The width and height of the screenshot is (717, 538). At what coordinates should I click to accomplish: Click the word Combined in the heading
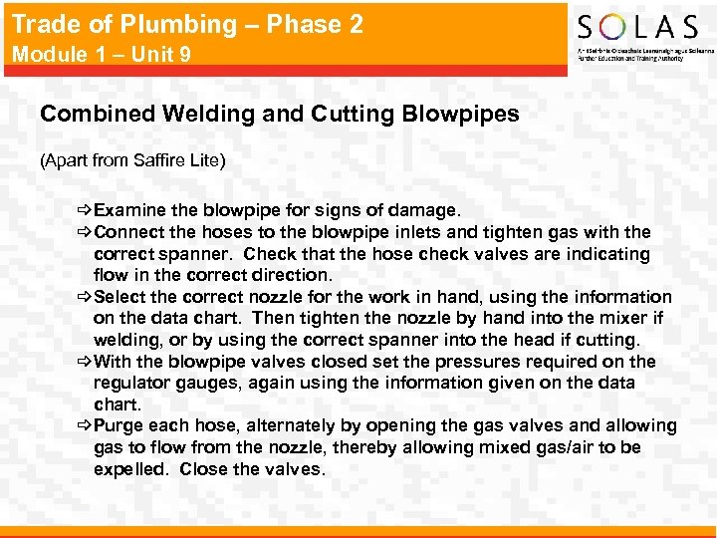[x=88, y=114]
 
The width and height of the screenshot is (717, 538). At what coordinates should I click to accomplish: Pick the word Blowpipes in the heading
[x=461, y=114]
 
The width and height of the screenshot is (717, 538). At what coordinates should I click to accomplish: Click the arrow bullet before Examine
[x=84, y=210]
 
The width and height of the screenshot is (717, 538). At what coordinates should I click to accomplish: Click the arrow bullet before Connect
[x=84, y=232]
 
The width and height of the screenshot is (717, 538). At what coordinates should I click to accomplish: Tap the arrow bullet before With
[x=84, y=362]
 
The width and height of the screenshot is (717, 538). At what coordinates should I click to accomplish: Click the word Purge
[x=119, y=426]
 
